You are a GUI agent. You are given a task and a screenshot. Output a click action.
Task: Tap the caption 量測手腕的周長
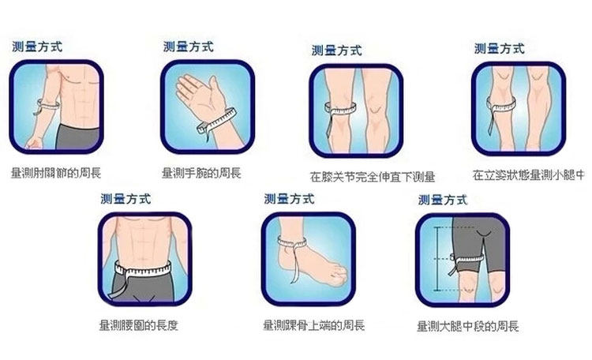click(201, 171)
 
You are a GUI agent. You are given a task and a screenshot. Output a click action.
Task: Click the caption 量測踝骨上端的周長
click(313, 324)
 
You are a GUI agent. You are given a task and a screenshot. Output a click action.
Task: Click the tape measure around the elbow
click(48, 106)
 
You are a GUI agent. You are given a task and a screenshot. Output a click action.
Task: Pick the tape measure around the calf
click(501, 103)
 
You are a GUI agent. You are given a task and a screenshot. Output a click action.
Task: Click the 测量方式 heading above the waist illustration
click(126, 198)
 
